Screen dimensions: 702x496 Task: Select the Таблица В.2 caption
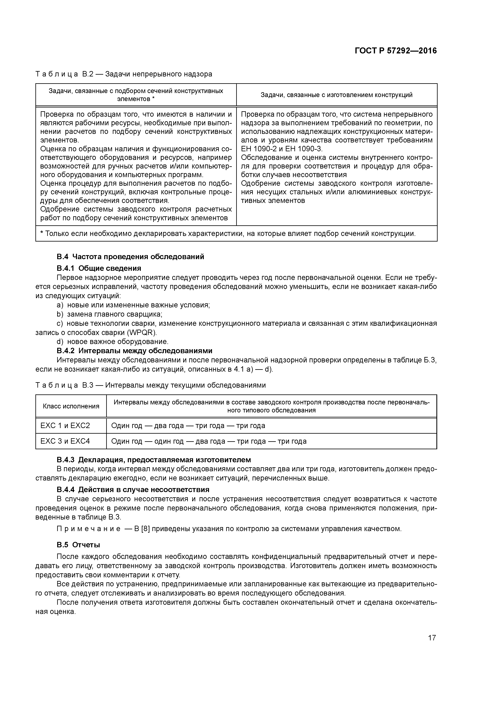coord(124,74)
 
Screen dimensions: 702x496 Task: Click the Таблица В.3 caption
coord(150,385)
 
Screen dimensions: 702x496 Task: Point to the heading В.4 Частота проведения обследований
coord(130,257)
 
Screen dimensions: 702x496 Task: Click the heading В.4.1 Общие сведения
coord(99,268)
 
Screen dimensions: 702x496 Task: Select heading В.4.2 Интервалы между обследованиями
coord(134,350)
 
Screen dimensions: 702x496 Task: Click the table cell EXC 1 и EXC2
coord(65,426)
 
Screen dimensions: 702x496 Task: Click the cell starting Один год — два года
coord(188,426)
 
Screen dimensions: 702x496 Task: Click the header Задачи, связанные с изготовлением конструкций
coord(336,95)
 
